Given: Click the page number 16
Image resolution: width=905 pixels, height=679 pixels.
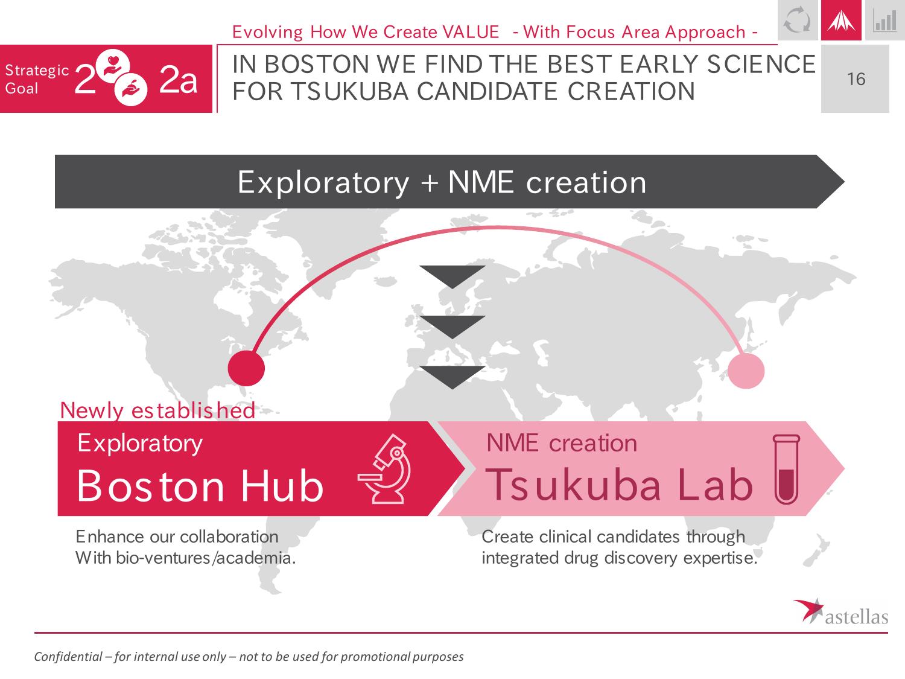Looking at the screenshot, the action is [856, 78].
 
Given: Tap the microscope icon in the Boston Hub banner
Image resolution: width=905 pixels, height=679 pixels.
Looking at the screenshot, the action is [385, 469].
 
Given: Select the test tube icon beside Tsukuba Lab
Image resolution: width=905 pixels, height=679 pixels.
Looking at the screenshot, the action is [786, 469].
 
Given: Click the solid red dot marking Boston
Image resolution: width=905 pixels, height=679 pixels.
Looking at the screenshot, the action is [246, 368].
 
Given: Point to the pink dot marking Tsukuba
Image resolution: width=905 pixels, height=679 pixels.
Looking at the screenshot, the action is [746, 371].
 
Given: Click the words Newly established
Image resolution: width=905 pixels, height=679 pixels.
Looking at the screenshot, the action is [157, 410].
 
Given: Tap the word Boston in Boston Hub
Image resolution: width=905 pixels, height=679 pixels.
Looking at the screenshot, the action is [150, 486].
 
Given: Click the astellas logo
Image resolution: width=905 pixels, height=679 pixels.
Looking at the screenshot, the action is [840, 612].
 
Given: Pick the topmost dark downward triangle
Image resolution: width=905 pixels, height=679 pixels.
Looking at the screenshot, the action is [453, 275].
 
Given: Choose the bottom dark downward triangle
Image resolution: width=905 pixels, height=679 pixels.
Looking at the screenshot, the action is [453, 377].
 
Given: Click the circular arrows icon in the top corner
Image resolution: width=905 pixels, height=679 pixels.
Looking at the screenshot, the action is [797, 20].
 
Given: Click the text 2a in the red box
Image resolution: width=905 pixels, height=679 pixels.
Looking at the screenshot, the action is [178, 80].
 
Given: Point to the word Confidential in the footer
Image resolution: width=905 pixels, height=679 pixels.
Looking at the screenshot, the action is [68, 656].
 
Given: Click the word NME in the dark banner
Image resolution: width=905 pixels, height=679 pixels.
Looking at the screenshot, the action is [480, 182].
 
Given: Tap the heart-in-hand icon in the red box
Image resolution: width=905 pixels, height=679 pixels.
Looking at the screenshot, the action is [113, 66].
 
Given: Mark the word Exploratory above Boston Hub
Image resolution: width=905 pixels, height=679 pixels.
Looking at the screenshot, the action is [140, 444].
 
